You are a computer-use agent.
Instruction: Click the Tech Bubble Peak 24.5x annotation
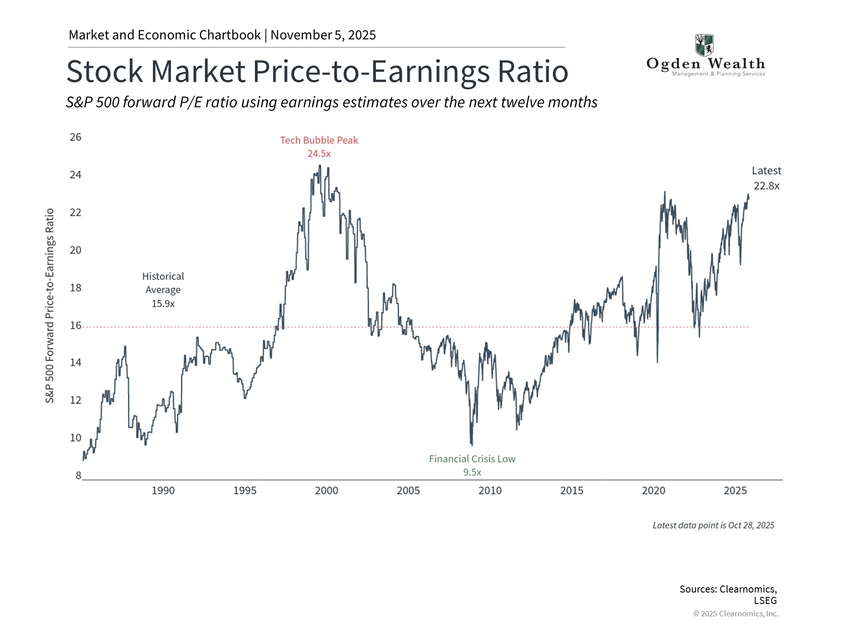(319, 147)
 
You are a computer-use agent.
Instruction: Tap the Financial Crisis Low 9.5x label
(472, 465)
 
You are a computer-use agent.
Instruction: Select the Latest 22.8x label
(766, 178)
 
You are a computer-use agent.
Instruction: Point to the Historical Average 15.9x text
(163, 290)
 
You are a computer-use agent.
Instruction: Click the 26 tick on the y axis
(76, 137)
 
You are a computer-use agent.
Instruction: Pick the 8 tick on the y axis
(78, 475)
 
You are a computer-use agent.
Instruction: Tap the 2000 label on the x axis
(326, 491)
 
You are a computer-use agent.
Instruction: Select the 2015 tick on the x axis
(571, 491)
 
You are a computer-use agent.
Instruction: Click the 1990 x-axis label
(163, 491)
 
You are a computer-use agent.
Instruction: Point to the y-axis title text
(50, 306)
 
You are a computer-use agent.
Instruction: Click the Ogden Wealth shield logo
(704, 45)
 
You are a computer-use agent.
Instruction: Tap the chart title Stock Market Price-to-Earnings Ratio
(317, 71)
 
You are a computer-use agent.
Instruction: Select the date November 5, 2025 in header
(323, 35)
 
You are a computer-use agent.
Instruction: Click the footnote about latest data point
(713, 525)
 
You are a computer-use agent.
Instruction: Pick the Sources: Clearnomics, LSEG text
(728, 594)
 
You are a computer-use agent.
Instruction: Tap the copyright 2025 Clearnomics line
(735, 614)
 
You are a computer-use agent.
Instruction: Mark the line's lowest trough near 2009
(472, 445)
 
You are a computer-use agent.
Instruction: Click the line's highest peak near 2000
(320, 166)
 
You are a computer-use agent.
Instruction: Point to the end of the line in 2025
(748, 195)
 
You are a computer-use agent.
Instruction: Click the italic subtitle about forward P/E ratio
(331, 102)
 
